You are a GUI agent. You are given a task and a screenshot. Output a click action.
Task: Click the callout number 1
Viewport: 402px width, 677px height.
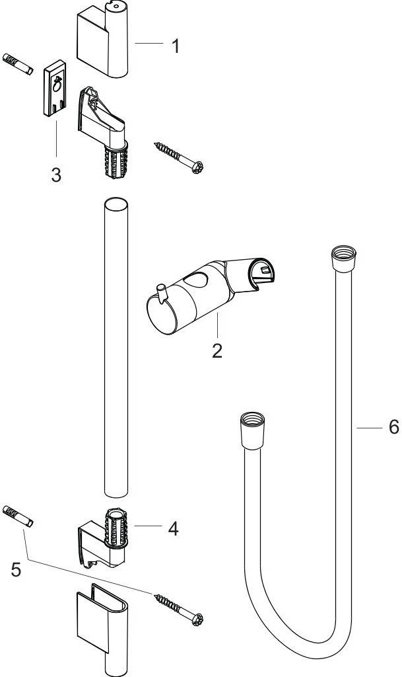[x=175, y=46]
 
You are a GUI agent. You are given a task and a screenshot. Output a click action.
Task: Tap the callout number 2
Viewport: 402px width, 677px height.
[x=217, y=350]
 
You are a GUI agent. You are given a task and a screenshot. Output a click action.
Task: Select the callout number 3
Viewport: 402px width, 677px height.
[x=56, y=175]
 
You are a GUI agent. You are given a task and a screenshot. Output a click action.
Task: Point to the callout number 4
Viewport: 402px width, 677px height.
[x=173, y=528]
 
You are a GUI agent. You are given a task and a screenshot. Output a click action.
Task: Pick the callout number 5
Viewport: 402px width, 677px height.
[x=16, y=569]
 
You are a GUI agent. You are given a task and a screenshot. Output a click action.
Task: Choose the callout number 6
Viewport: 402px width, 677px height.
[x=394, y=427]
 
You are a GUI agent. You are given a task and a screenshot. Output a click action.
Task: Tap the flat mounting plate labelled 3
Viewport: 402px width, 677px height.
[x=55, y=88]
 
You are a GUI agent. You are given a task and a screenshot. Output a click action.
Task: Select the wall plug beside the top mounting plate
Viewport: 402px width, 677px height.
[x=18, y=64]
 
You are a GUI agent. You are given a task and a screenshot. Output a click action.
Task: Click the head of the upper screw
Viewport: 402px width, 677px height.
[x=197, y=167]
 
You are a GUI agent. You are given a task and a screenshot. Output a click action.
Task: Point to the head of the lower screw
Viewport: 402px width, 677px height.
[x=197, y=619]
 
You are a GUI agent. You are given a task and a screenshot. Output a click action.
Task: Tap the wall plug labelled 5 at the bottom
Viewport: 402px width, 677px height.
[x=18, y=516]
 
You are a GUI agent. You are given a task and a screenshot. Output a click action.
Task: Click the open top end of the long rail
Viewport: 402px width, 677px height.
[x=116, y=204]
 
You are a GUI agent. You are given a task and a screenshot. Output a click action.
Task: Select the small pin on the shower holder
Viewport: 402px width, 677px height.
[x=162, y=293]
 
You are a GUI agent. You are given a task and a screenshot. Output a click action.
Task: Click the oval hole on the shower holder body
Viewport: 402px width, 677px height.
[x=197, y=280]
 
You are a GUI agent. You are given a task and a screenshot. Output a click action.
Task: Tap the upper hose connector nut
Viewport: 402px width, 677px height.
[x=343, y=259]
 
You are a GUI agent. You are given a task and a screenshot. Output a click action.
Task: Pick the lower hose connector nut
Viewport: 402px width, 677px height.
[x=253, y=430]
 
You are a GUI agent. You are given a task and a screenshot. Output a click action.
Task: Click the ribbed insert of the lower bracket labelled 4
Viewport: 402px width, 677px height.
[x=116, y=527]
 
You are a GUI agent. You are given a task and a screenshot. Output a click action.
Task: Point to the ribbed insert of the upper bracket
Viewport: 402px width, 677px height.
[x=116, y=160]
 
